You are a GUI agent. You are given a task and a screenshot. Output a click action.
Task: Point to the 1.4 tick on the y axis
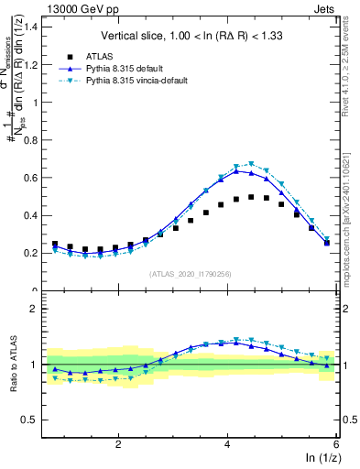click(x=33, y=27)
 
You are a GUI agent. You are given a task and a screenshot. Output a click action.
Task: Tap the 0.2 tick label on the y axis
click(x=33, y=253)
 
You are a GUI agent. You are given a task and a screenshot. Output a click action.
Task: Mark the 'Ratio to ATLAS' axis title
click(x=14, y=365)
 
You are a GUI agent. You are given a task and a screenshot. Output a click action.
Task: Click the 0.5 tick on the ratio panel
click(x=33, y=420)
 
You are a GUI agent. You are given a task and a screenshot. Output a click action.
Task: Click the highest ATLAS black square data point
click(x=251, y=197)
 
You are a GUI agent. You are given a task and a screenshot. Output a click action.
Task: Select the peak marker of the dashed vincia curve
click(x=251, y=165)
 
